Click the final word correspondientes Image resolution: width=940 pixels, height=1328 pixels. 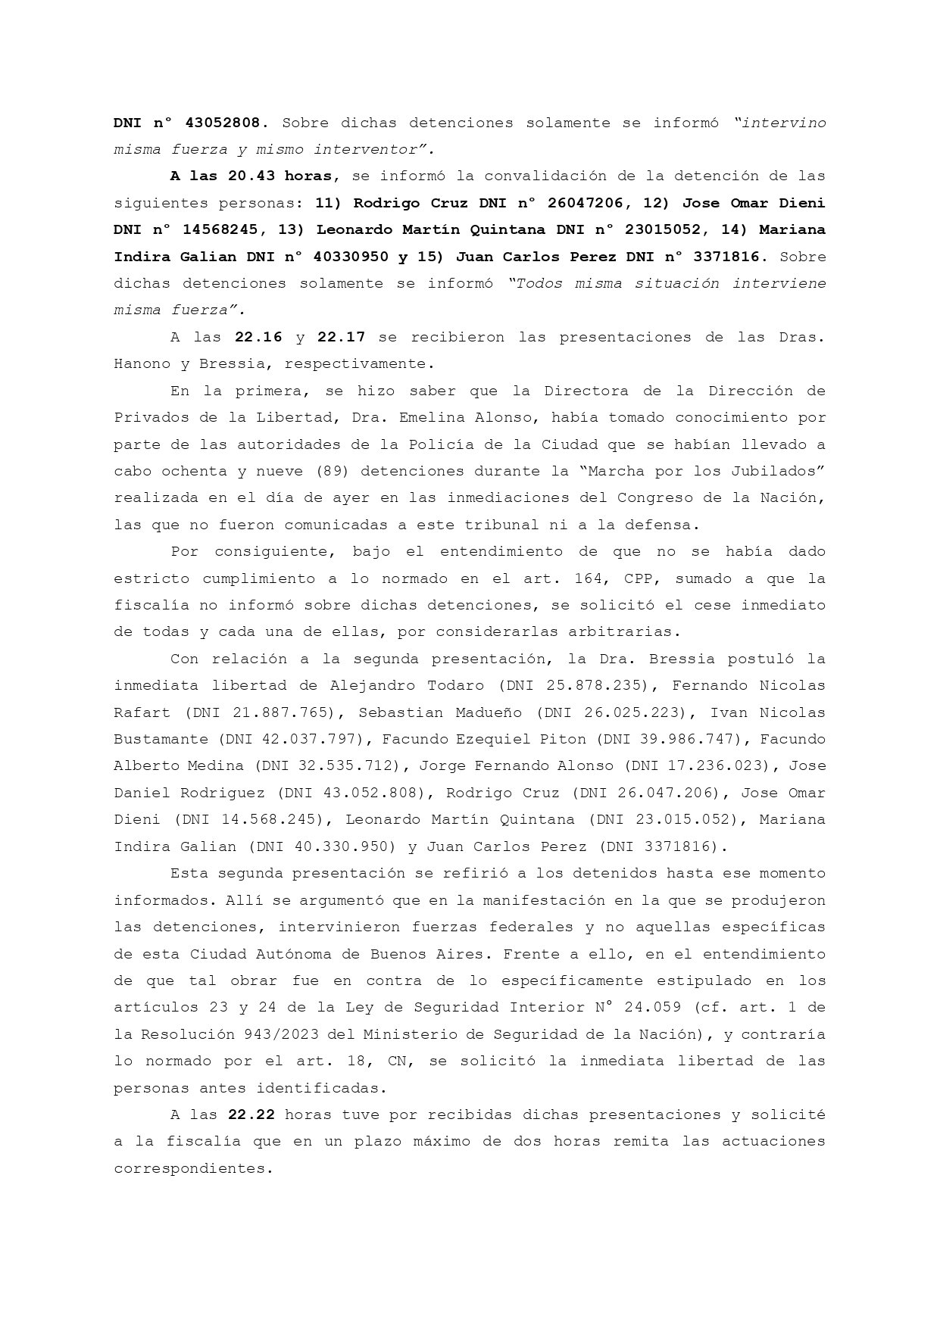pyautogui.click(x=192, y=1168)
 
